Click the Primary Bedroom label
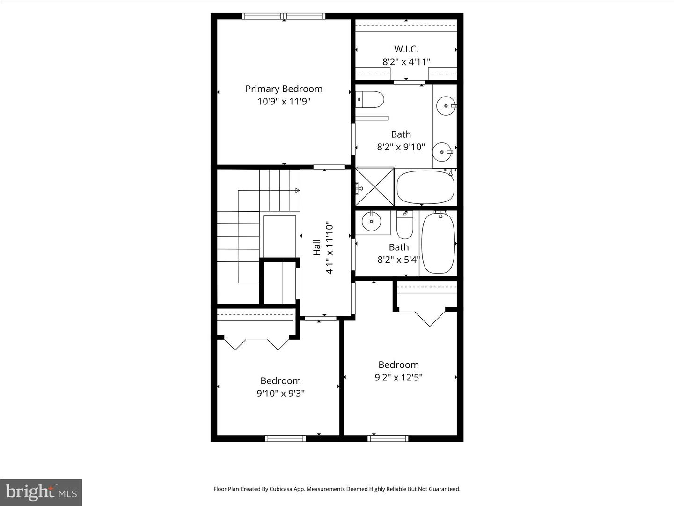pyautogui.click(x=284, y=89)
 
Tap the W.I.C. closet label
pyautogui.click(x=406, y=49)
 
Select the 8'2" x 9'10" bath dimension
pyautogui.click(x=401, y=147)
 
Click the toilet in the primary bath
pyautogui.click(x=371, y=99)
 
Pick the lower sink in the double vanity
pyautogui.click(x=441, y=151)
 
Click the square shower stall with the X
pyautogui.click(x=374, y=187)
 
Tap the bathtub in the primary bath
pyautogui.click(x=425, y=187)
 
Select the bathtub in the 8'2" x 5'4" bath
pyautogui.click(x=438, y=243)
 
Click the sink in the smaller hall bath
pyautogui.click(x=372, y=222)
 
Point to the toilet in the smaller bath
pyautogui.click(x=404, y=226)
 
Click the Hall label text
pyautogui.click(x=317, y=247)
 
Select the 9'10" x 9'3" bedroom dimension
pyautogui.click(x=280, y=394)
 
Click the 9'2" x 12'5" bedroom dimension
pyautogui.click(x=398, y=378)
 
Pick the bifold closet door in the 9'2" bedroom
pyautogui.click(x=430, y=319)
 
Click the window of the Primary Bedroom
pyautogui.click(x=284, y=16)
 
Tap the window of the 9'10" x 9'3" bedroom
pyautogui.click(x=285, y=439)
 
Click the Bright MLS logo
pyautogui.click(x=41, y=492)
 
